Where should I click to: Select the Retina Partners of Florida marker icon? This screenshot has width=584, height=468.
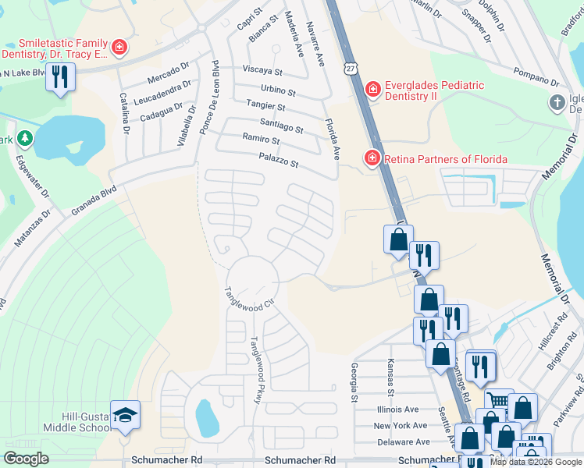click(x=372, y=159)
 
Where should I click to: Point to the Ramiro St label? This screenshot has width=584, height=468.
click(x=261, y=140)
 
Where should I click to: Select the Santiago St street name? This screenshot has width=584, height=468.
click(x=281, y=126)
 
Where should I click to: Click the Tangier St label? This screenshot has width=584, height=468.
click(x=265, y=105)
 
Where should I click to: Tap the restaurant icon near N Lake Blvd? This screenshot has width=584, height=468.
click(x=59, y=76)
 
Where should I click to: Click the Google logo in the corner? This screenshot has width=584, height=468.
click(x=26, y=459)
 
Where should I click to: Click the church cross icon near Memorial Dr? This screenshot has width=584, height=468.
click(x=557, y=102)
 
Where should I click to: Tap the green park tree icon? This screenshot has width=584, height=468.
click(x=25, y=139)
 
